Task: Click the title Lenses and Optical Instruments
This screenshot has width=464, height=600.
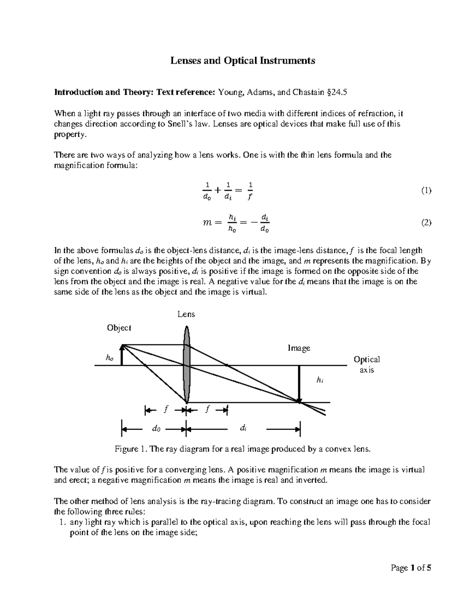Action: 243,61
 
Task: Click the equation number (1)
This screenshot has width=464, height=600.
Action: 426,190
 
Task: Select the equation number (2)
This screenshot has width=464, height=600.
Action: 426,223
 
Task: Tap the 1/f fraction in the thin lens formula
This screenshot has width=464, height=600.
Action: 250,191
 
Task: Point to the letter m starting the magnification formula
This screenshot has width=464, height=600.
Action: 208,223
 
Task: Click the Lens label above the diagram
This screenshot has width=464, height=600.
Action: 186,314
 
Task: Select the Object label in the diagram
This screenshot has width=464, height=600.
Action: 119,328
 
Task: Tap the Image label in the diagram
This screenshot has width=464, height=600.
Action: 299,348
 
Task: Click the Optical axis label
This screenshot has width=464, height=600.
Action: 367,364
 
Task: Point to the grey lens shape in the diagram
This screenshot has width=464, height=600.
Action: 187,363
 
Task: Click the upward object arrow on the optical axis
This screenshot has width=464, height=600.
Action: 122,355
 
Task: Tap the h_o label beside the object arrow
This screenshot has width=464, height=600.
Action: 110,358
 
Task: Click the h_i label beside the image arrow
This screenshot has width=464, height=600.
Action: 319,380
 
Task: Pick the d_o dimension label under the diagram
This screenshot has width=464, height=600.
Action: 156,428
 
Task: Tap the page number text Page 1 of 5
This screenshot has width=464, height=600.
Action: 411,568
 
